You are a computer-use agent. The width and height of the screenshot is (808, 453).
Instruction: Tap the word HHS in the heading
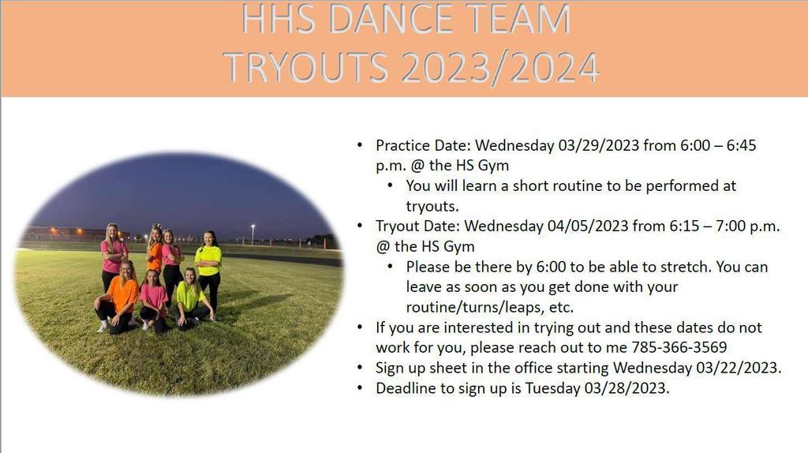[279, 19]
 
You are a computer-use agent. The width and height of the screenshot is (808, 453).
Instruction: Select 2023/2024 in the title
[499, 68]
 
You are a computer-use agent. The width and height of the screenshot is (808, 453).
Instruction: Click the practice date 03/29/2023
[599, 145]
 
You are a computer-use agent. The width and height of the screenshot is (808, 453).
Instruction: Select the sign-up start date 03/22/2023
[739, 368]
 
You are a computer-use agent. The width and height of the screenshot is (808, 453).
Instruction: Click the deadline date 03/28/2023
[627, 388]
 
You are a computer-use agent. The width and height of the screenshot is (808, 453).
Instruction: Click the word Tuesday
[552, 388]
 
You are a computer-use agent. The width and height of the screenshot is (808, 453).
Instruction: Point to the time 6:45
[741, 145]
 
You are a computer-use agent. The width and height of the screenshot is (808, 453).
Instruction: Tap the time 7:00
[730, 226]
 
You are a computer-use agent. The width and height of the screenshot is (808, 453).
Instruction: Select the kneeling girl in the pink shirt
[153, 301]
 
